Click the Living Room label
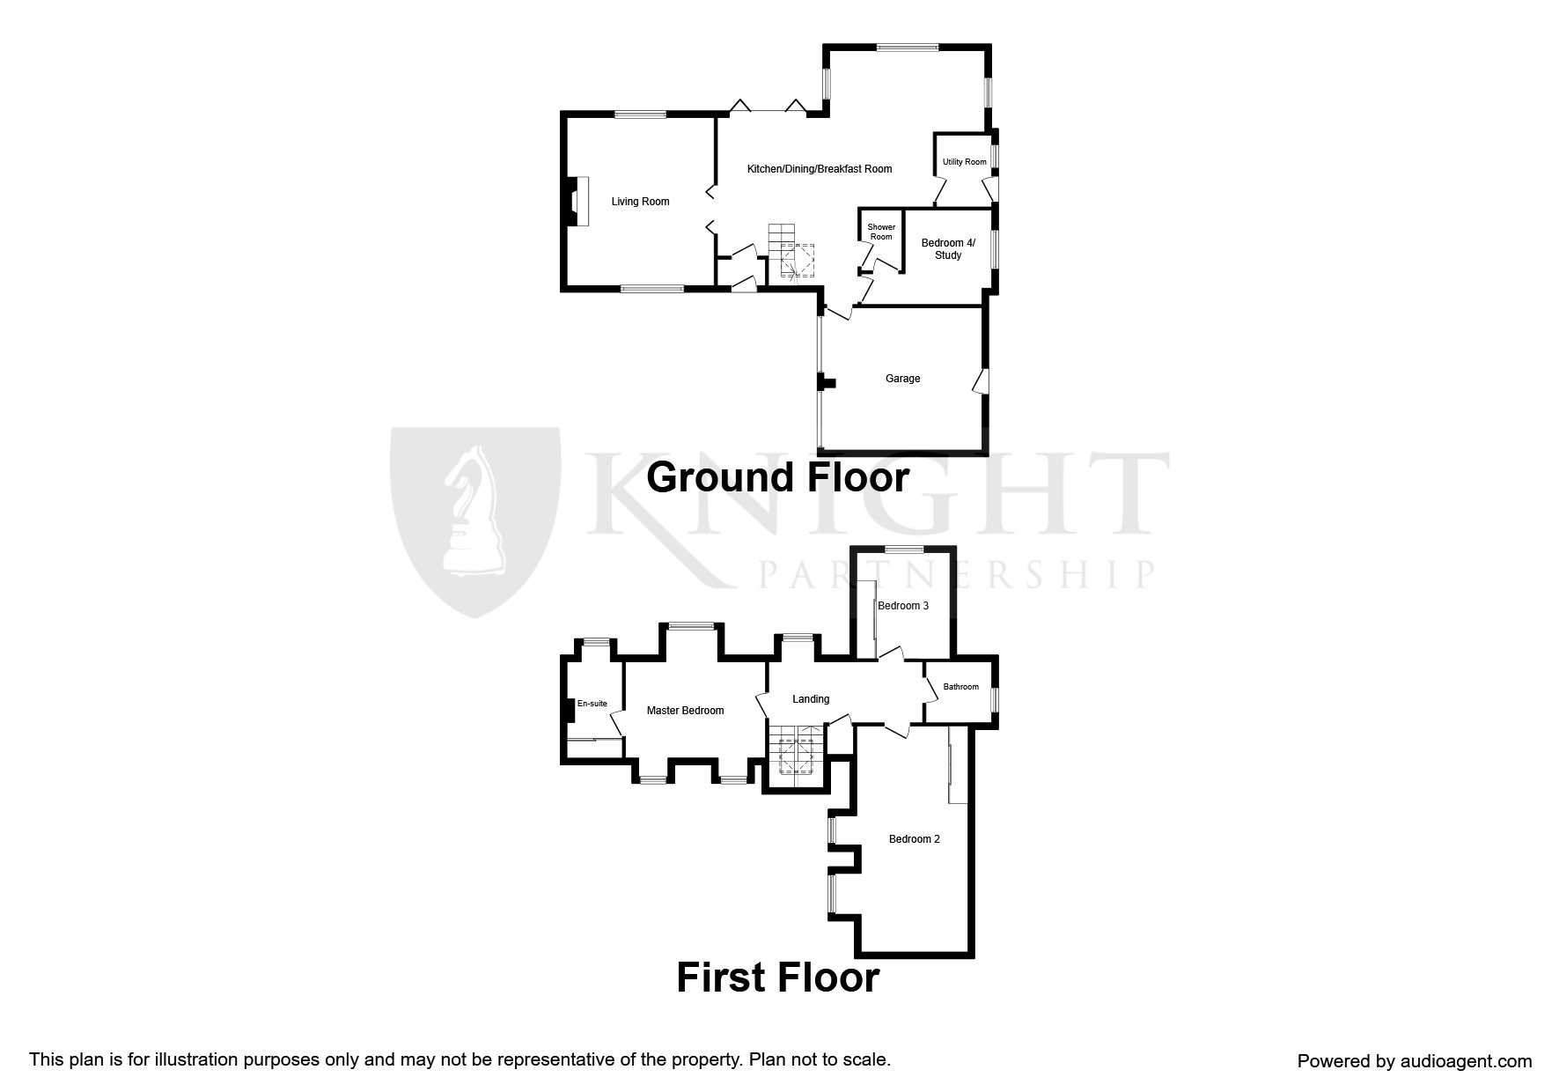[640, 202]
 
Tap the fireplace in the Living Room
[578, 202]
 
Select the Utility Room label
[964, 162]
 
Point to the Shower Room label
[881, 232]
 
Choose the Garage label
[902, 379]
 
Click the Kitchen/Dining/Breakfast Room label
[819, 169]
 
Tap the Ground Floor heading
[777, 478]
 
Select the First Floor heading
[777, 978]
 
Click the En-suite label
[592, 704]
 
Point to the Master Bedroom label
[685, 711]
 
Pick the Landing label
[810, 699]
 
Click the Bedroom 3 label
[903, 606]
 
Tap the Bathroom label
[960, 687]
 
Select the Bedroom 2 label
[914, 839]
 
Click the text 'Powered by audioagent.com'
[1414, 1061]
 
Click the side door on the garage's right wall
[981, 380]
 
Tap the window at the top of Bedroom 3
[904, 550]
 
